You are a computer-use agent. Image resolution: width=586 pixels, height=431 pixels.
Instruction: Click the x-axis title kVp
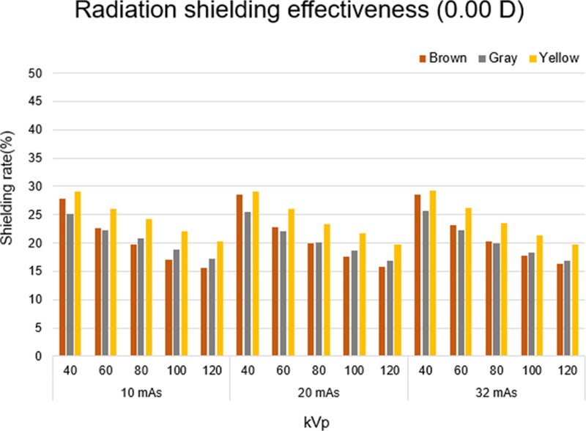tap(319, 420)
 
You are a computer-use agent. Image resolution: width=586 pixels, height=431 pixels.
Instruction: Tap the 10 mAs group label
tap(141, 392)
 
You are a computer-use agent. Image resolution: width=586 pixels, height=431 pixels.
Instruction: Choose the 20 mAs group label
tap(319, 392)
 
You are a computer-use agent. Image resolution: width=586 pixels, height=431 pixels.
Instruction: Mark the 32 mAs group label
tap(497, 392)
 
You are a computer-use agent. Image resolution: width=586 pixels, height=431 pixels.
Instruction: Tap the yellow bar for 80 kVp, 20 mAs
tap(327, 290)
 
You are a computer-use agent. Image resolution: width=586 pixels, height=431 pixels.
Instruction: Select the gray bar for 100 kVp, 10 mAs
tap(177, 303)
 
